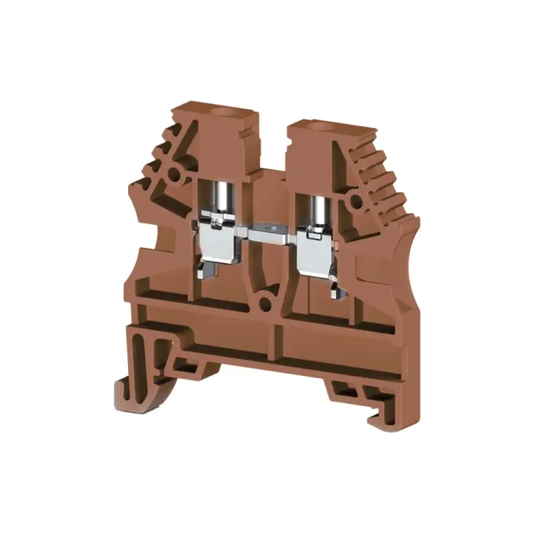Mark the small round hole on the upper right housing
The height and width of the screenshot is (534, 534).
click(354, 201)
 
